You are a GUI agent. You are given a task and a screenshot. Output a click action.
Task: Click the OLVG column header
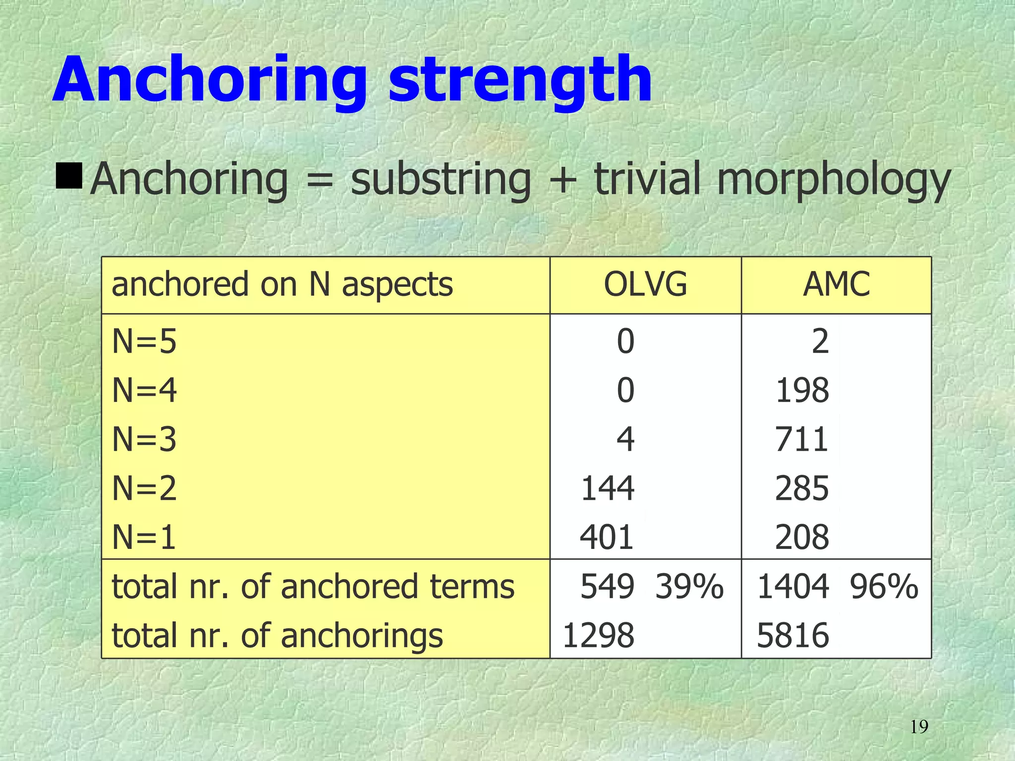[645, 284]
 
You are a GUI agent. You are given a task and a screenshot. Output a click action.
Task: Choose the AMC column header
[836, 284]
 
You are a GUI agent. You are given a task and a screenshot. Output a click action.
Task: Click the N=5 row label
[144, 341]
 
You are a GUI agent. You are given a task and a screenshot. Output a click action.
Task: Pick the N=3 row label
[144, 439]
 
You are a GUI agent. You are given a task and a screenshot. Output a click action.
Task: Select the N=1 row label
[144, 537]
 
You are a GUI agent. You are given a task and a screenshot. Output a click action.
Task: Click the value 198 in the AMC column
[802, 390]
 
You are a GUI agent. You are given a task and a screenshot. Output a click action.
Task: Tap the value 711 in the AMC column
[802, 439]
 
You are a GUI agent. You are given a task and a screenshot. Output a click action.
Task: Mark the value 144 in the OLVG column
[607, 488]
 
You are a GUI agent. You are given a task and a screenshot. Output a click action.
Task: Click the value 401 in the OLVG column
[607, 537]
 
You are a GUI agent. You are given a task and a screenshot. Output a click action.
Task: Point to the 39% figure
[689, 587]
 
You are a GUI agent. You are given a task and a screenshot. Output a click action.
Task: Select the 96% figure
[884, 587]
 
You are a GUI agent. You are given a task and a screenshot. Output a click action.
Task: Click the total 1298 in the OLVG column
[598, 635]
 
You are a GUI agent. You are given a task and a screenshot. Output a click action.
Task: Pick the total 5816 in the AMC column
[793, 635]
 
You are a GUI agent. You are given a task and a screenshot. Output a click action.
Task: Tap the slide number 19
[919, 727]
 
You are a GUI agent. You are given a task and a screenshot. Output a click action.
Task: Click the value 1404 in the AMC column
[793, 587]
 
